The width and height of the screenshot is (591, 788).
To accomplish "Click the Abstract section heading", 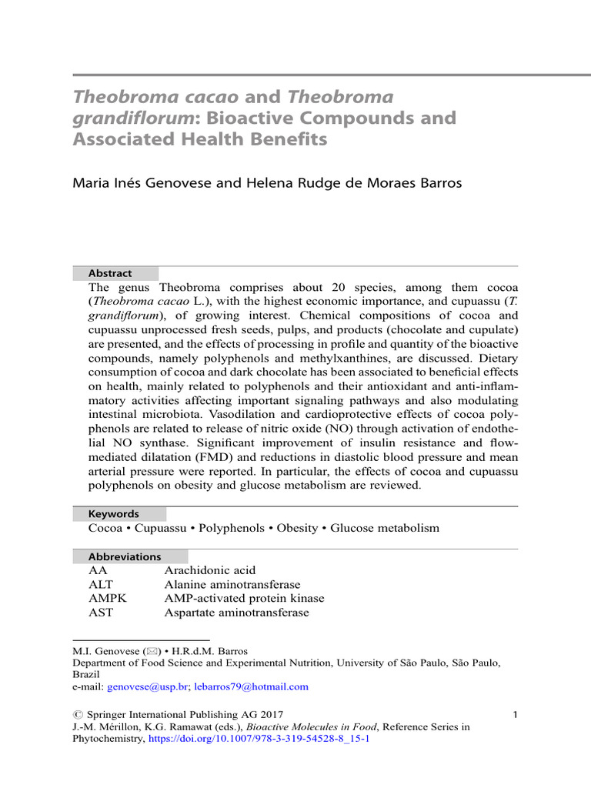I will [110, 273].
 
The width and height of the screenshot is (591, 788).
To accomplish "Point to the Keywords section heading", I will [113, 513].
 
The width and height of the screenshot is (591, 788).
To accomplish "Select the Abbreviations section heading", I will [125, 556].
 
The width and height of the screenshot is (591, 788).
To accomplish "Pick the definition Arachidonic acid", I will [209, 570].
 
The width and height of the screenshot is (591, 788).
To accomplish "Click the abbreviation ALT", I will [102, 584].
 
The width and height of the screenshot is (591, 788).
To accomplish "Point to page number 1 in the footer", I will [514, 716].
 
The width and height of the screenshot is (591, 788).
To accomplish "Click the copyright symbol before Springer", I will [77, 716].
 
